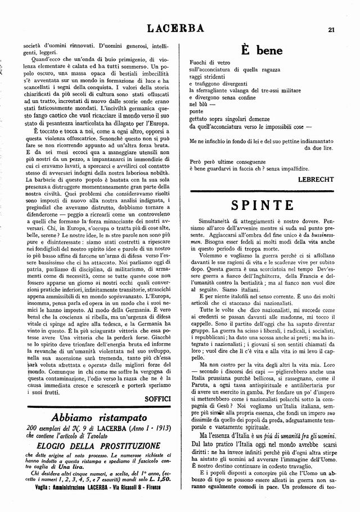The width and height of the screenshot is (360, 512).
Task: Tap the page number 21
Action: (x=332, y=29)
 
